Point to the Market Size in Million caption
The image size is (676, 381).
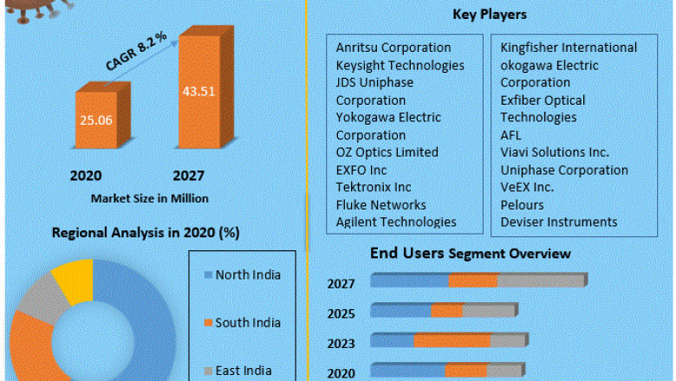(150, 198)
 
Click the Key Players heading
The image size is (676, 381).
(489, 15)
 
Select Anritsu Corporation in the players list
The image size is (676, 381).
(393, 48)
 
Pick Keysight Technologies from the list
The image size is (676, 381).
(400, 65)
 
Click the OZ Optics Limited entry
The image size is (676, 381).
(387, 152)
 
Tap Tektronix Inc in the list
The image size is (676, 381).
(374, 187)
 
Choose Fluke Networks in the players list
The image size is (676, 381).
(380, 205)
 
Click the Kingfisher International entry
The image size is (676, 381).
(569, 48)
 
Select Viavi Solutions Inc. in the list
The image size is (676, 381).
(555, 152)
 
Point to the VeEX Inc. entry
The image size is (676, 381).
(527, 187)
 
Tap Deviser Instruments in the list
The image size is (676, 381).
(559, 223)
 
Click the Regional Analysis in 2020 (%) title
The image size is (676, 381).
(146, 233)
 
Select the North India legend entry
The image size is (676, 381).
(247, 275)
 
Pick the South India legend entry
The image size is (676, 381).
(247, 323)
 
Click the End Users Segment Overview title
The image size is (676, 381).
(470, 254)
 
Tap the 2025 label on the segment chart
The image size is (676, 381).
(341, 313)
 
